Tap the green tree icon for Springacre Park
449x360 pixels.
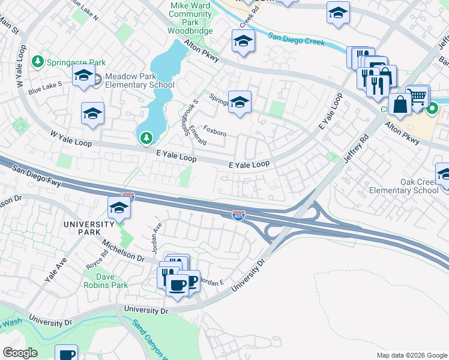tap(38, 62)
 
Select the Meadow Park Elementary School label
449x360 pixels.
tap(139, 81)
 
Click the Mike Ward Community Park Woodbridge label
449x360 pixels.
tap(190, 17)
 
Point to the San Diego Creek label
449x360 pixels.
tap(297, 39)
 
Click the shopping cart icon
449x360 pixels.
tap(417, 95)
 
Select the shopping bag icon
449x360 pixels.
tap(399, 104)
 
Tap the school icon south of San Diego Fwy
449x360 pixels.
tap(119, 208)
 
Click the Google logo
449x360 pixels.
tap(20, 353)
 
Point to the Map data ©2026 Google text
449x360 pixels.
tap(411, 355)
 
